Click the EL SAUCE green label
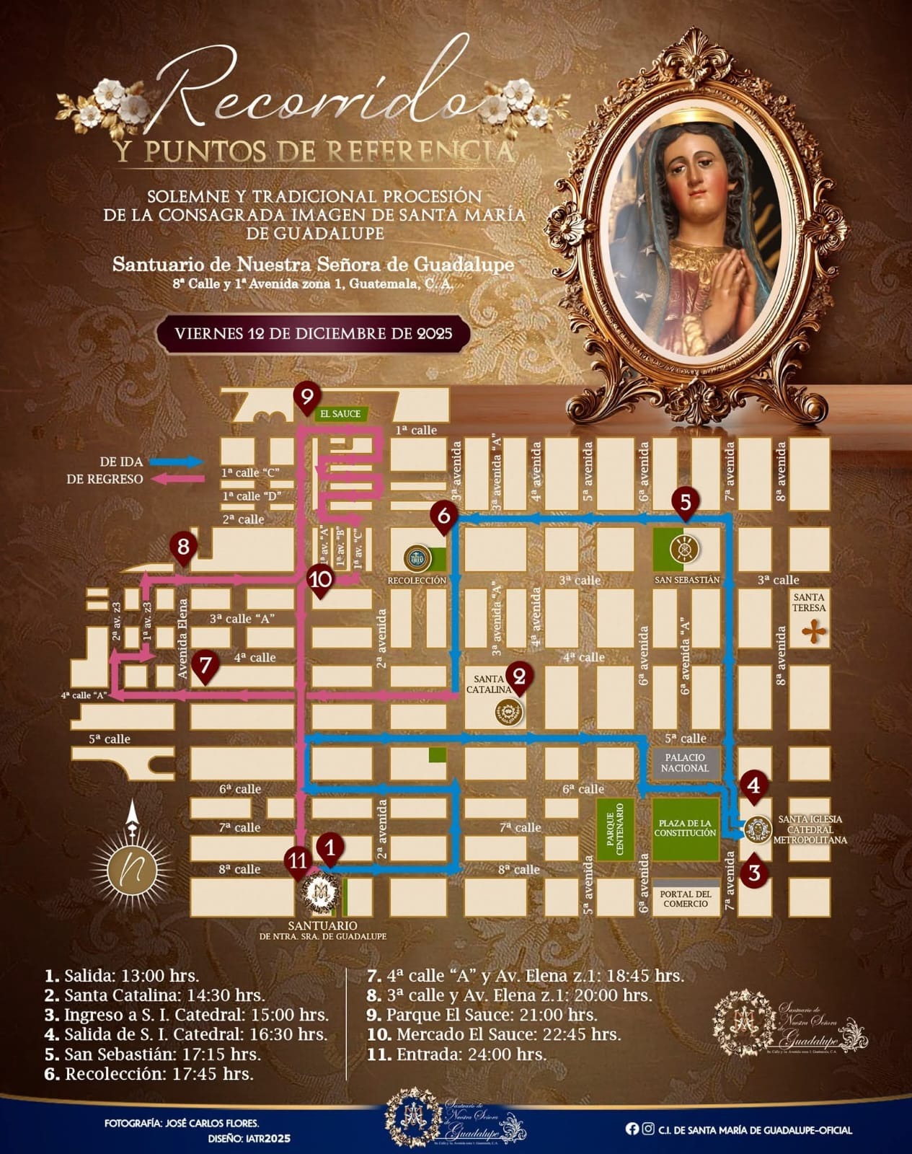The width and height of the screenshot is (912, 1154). pyautogui.click(x=341, y=414)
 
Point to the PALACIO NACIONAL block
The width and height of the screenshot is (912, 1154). pyautogui.click(x=686, y=763)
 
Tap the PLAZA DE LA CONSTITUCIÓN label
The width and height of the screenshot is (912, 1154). pyautogui.click(x=685, y=828)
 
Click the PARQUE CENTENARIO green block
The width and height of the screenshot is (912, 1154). pyautogui.click(x=615, y=829)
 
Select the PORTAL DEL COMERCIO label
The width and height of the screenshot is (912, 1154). pyautogui.click(x=686, y=899)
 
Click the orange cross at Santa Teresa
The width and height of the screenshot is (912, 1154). pyautogui.click(x=815, y=632)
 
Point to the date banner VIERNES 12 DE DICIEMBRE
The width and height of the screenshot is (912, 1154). pyautogui.click(x=314, y=334)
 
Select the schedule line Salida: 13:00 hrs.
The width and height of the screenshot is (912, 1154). pyautogui.click(x=122, y=977)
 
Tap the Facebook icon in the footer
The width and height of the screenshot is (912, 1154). pyautogui.click(x=632, y=1129)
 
